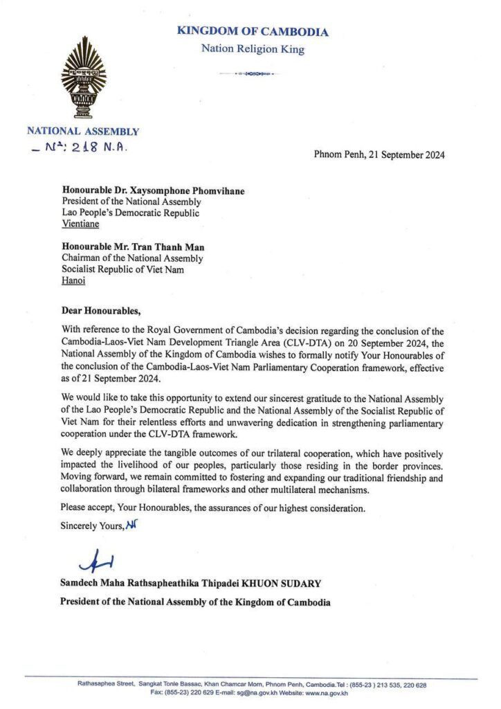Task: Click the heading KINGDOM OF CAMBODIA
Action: tap(253, 31)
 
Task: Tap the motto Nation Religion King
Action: tap(253, 49)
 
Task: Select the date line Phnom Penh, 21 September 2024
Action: tap(379, 154)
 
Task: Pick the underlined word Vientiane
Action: tap(80, 224)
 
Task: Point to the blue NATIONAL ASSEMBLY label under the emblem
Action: tap(83, 132)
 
